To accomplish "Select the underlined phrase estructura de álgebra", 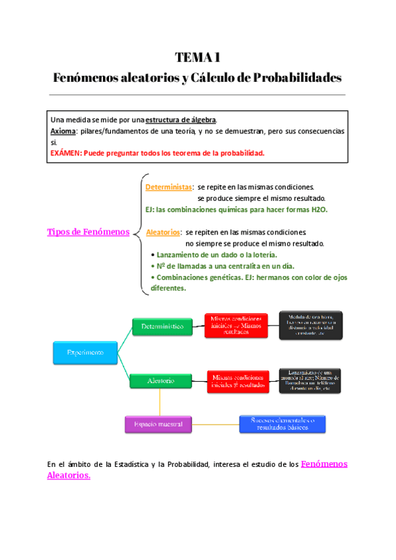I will pyautogui.click(x=180, y=120).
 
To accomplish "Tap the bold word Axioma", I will pyautogui.click(x=63, y=131).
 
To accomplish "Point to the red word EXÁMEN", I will pyautogui.click(x=66, y=153).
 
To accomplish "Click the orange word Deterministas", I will pyautogui.click(x=168, y=188).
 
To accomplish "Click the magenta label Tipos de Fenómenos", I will pyautogui.click(x=88, y=231).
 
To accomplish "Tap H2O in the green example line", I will pyautogui.click(x=317, y=209).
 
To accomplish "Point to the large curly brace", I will pyautogui.click(x=137, y=232).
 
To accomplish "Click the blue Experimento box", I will pyautogui.click(x=84, y=353).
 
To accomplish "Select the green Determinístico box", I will pyautogui.click(x=162, y=326).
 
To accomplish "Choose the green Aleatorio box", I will pyautogui.click(x=160, y=381).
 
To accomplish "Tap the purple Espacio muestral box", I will pyautogui.click(x=158, y=423).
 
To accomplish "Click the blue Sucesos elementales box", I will pyautogui.click(x=282, y=423).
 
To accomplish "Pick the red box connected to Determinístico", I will pyautogui.click(x=236, y=326).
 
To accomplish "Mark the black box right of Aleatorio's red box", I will pyautogui.click(x=310, y=380).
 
